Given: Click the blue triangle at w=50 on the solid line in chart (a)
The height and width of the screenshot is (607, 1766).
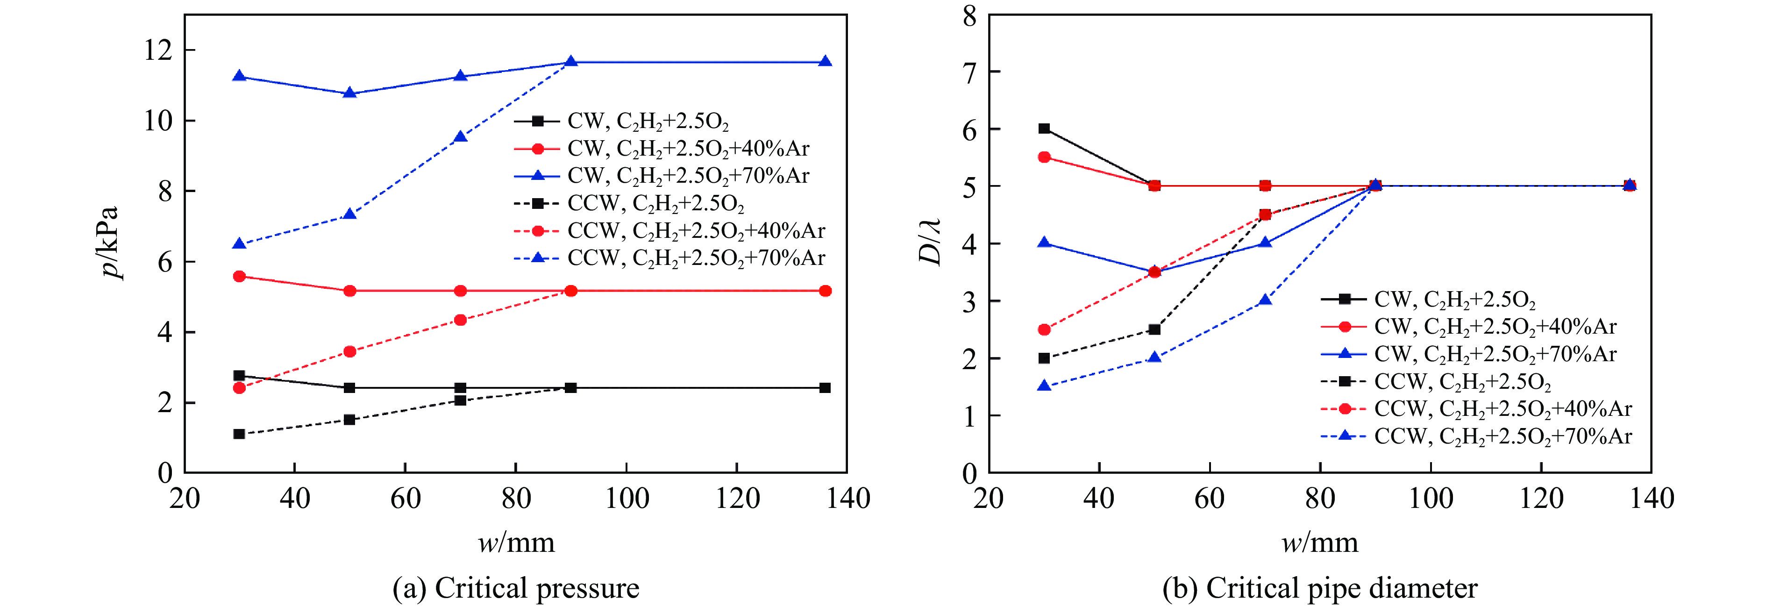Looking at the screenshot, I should (x=349, y=93).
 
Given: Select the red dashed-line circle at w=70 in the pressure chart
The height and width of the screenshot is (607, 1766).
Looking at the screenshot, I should (x=461, y=320).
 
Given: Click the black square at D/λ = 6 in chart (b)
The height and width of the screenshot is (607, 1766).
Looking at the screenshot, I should (x=1044, y=128).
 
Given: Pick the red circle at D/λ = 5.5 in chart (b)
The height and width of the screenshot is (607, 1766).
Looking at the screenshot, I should (x=1044, y=157).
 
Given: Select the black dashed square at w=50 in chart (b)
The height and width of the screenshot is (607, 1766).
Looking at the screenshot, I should (x=1154, y=329).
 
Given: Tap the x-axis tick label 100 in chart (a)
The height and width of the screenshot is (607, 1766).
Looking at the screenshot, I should (x=627, y=499).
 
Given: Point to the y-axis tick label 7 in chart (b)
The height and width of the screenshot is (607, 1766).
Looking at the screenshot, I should (x=969, y=72).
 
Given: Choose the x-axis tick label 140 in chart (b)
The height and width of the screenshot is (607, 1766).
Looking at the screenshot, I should (x=1652, y=499).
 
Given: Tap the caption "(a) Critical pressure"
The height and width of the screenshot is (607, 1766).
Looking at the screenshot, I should (x=515, y=588).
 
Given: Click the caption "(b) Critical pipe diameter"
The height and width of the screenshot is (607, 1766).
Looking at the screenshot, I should (x=1320, y=588).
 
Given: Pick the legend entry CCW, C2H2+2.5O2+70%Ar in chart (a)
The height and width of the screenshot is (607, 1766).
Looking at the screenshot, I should (x=696, y=258).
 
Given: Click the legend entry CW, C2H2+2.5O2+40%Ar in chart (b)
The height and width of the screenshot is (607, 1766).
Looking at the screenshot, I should (x=1495, y=327).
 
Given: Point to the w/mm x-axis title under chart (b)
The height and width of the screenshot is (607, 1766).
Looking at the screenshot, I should (x=1320, y=543).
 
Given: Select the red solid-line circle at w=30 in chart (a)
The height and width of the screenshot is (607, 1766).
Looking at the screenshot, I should (x=239, y=277).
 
